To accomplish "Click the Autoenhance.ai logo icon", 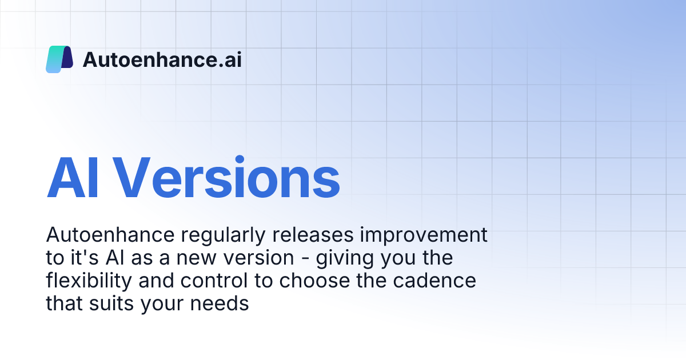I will [x=59, y=59].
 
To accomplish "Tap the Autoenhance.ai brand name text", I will [x=162, y=59].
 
